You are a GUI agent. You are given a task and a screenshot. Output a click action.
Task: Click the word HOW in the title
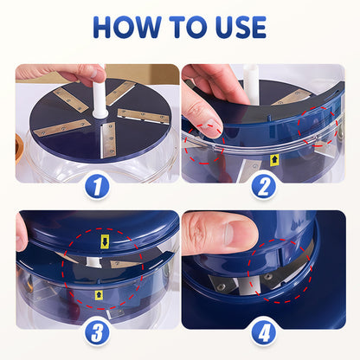pyautogui.click(x=126, y=27)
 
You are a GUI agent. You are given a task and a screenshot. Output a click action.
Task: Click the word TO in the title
pyautogui.click(x=184, y=27)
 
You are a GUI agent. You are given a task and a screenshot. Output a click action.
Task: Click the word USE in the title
pyautogui.click(x=235, y=27)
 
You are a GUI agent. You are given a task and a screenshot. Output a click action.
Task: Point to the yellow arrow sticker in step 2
pyautogui.click(x=273, y=159)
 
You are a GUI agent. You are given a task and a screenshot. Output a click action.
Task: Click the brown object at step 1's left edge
pyautogui.click(x=19, y=147)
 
